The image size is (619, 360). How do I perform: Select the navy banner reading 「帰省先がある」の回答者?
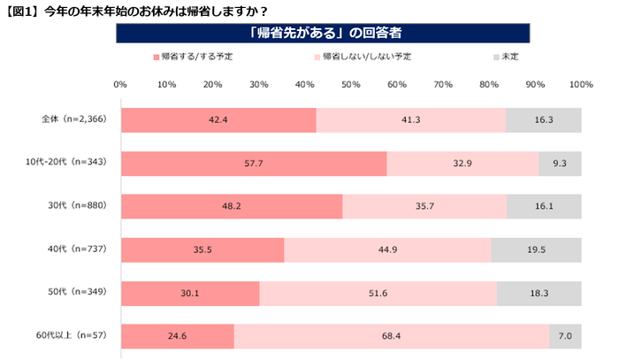pyautogui.click(x=324, y=34)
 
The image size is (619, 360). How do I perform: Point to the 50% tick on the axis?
pyautogui.click(x=351, y=85)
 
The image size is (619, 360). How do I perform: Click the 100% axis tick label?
pyautogui.click(x=580, y=85)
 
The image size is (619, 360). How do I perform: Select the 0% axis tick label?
pyautogui.click(x=121, y=85)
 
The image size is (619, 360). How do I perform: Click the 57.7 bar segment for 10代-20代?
pyautogui.click(x=254, y=164)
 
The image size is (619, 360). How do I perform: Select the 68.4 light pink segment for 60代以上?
pyautogui.click(x=392, y=337)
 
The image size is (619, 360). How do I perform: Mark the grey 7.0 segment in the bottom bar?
pyautogui.click(x=565, y=337)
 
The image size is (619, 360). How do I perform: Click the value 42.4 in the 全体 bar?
pyautogui.click(x=218, y=120)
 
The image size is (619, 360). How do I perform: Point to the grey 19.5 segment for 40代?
pyautogui.click(x=537, y=250)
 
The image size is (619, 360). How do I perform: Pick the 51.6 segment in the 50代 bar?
pyautogui.click(x=378, y=294)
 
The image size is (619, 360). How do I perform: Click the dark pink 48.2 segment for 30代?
pyautogui.click(x=232, y=207)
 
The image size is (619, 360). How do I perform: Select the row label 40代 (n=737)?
pyautogui.click(x=74, y=249)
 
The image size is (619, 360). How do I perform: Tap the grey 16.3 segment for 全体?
pyautogui.click(x=544, y=120)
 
